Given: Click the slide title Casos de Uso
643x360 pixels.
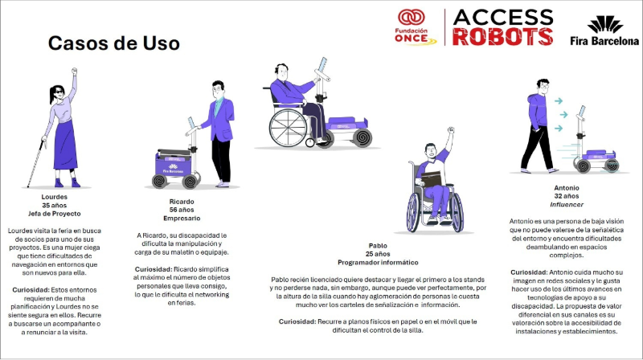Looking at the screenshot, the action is (113, 43).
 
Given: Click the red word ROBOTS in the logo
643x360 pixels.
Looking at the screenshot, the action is (503, 36).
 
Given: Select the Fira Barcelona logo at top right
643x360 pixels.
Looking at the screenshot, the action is (604, 31).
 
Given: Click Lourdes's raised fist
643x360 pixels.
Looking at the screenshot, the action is (74, 72).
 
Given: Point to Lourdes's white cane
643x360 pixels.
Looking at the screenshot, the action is (35, 163).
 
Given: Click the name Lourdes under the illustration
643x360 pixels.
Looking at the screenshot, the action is (54, 197).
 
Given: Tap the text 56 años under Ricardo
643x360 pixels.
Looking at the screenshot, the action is (182, 210).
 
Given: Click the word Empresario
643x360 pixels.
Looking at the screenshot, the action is (182, 218).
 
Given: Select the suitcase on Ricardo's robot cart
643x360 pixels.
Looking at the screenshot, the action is (174, 153).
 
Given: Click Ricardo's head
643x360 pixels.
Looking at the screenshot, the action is (218, 88).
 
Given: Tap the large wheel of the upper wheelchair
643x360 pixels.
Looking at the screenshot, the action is (288, 128).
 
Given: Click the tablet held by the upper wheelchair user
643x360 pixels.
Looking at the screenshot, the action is (322, 64).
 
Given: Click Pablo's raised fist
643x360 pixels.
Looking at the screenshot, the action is (451, 130).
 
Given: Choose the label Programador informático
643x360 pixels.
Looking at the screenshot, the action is (378, 263).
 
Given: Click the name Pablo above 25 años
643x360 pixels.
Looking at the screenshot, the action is (378, 246).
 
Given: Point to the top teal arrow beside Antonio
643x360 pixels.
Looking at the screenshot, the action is (558, 100).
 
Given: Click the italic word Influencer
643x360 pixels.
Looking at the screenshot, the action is (567, 204).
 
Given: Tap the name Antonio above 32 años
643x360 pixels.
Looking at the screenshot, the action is (567, 188).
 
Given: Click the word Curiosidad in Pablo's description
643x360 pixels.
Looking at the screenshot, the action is (297, 321).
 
